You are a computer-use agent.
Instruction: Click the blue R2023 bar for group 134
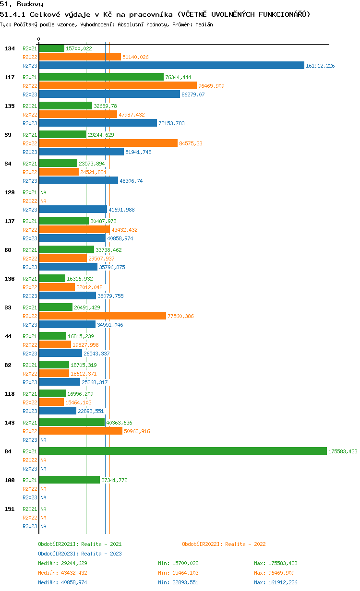171,65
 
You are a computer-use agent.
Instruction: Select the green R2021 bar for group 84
183,451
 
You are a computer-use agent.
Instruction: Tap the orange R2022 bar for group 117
118,85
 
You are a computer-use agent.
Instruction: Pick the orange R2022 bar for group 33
103,316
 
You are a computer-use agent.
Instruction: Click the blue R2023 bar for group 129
73,209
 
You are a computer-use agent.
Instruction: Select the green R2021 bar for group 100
70,480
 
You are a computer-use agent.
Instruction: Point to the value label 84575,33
191,143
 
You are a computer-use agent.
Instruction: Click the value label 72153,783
171,123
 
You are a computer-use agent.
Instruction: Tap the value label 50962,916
137,431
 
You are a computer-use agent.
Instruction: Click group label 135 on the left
10,106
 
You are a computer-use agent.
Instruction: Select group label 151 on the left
10,508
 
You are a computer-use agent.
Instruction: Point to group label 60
8,249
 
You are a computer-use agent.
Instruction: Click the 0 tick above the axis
38,39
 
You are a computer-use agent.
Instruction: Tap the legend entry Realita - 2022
245,544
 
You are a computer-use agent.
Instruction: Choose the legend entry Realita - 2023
101,553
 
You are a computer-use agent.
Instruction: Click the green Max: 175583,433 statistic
276,563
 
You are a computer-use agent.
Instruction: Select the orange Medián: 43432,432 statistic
62,573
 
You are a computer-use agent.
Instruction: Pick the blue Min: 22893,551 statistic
178,582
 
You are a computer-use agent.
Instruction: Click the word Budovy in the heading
30,4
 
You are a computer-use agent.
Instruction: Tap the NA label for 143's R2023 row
43,440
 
